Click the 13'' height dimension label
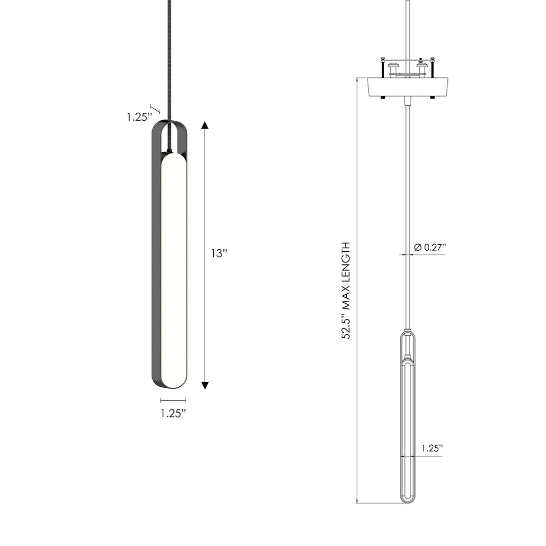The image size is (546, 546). tap(219, 254)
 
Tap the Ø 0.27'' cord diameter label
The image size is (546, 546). tap(430, 247)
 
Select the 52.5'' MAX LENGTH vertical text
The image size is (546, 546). tap(346, 291)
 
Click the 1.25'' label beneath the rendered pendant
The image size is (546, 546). tap(173, 413)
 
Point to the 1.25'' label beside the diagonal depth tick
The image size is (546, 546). tap(139, 117)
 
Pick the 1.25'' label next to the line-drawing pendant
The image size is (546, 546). tap(432, 448)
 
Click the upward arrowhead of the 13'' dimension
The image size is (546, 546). tap(205, 126)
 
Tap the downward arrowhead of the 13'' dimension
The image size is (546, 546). tap(205, 386)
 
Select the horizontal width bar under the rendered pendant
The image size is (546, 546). tap(173, 400)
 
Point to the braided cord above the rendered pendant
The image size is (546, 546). tap(169, 61)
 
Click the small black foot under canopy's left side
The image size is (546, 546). tap(383, 97)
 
